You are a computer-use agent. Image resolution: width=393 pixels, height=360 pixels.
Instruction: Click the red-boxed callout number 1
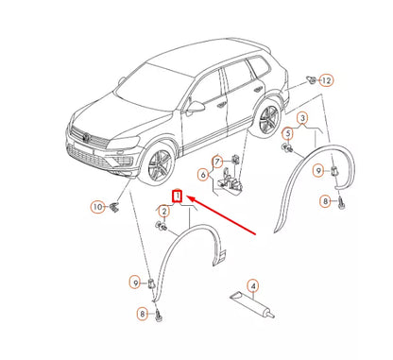(178, 196)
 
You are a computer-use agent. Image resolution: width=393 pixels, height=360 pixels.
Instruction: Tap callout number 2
(164, 212)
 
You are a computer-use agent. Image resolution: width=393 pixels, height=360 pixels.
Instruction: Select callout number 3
(302, 118)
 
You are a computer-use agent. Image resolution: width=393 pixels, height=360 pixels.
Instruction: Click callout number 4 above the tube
(253, 286)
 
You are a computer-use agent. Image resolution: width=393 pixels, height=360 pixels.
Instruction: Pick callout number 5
(288, 133)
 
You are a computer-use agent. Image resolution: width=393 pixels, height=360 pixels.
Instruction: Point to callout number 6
(203, 175)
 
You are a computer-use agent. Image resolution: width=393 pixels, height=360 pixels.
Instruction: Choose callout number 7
(217, 162)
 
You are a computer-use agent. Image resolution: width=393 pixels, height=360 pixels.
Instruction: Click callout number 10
(98, 207)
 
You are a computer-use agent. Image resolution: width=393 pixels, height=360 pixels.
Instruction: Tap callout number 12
(326, 80)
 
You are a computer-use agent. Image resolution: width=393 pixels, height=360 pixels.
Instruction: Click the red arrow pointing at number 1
(221, 215)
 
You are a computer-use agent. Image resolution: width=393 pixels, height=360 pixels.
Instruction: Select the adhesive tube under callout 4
(252, 304)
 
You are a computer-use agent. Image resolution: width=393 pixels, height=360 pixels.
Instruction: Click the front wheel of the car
(160, 163)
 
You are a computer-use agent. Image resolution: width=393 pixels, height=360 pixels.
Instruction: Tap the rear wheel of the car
(268, 119)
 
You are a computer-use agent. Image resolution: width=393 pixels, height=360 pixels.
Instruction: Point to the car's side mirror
(195, 107)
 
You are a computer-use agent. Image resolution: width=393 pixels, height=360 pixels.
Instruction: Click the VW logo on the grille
(85, 137)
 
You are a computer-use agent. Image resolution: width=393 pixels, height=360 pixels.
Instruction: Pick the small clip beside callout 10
(113, 208)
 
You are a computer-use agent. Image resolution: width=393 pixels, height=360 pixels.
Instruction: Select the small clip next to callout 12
(312, 80)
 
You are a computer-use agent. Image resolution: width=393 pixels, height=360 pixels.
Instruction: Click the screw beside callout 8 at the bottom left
(159, 315)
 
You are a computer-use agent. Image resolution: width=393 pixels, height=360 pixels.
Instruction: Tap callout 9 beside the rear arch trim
(318, 171)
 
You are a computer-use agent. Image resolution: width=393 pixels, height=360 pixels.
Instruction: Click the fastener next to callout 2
(162, 226)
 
